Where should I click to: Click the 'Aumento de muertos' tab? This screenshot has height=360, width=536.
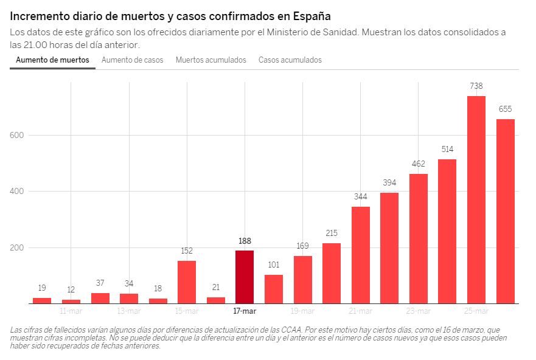click(x=52, y=60)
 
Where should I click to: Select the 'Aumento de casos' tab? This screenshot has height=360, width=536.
click(x=132, y=60)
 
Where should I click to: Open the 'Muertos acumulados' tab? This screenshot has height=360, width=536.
click(x=211, y=60)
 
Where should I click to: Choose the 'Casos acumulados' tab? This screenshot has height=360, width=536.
click(x=290, y=60)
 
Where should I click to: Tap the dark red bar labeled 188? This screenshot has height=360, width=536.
click(x=245, y=277)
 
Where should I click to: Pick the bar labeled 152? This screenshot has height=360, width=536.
click(x=187, y=282)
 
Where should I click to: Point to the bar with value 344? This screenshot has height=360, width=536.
click(x=360, y=255)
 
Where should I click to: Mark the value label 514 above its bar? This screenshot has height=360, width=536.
click(x=447, y=149)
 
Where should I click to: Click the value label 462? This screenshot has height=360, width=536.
click(x=418, y=164)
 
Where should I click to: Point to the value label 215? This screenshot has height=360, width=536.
click(x=331, y=233)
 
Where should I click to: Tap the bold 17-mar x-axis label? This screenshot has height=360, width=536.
click(x=245, y=311)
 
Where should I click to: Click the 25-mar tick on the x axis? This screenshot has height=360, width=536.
click(x=476, y=311)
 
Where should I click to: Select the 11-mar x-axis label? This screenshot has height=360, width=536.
click(x=71, y=311)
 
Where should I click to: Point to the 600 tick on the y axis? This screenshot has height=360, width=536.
click(x=16, y=135)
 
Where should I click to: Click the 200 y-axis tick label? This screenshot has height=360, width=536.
click(x=16, y=247)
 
